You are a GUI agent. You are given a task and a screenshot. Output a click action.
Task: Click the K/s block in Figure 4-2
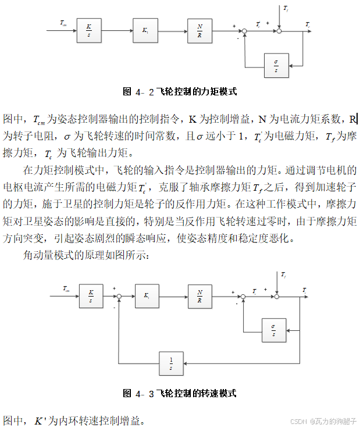coord(89,30)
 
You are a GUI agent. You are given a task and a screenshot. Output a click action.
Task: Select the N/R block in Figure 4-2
coord(200,30)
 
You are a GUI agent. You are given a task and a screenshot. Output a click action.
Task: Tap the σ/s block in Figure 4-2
coord(276,65)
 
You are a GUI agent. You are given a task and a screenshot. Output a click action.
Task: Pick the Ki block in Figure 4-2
coord(145,30)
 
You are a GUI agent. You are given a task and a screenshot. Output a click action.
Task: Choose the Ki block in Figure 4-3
coord(147,297)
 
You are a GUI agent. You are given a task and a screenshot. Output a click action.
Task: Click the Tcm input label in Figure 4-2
coord(63,23)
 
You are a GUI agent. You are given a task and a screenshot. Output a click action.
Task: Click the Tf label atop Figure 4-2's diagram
coord(286,8)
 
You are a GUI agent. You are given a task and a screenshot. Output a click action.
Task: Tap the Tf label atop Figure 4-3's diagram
coord(283,274)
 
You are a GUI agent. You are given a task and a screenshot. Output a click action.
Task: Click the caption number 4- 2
coord(145,91)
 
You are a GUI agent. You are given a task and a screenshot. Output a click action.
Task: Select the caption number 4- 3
coord(145,394)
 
